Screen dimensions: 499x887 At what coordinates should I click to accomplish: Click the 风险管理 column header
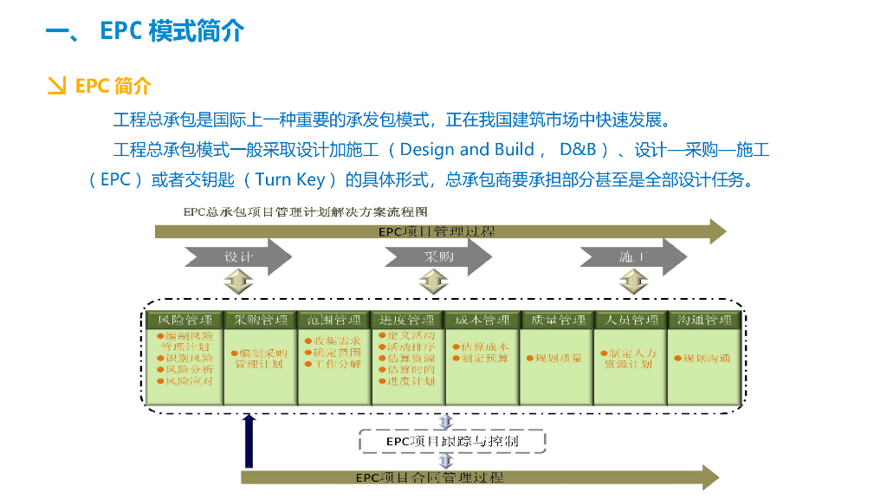click(185, 321)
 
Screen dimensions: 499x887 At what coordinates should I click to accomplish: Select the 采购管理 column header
click(259, 321)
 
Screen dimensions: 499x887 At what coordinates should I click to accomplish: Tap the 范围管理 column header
click(333, 321)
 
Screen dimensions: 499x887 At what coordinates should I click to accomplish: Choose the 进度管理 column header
click(407, 321)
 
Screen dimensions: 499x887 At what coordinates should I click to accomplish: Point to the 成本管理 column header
click(482, 321)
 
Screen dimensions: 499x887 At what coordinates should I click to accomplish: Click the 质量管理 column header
click(556, 321)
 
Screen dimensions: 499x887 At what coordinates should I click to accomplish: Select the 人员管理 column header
click(630, 321)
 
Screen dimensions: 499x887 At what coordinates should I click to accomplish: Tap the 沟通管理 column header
click(704, 321)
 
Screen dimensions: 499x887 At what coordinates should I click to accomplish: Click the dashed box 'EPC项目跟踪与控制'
click(452, 442)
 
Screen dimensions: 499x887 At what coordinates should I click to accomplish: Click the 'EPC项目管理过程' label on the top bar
click(437, 231)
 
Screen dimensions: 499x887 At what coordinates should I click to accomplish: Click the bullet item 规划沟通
click(703, 358)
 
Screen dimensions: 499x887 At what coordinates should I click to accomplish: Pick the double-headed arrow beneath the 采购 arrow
click(432, 282)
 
